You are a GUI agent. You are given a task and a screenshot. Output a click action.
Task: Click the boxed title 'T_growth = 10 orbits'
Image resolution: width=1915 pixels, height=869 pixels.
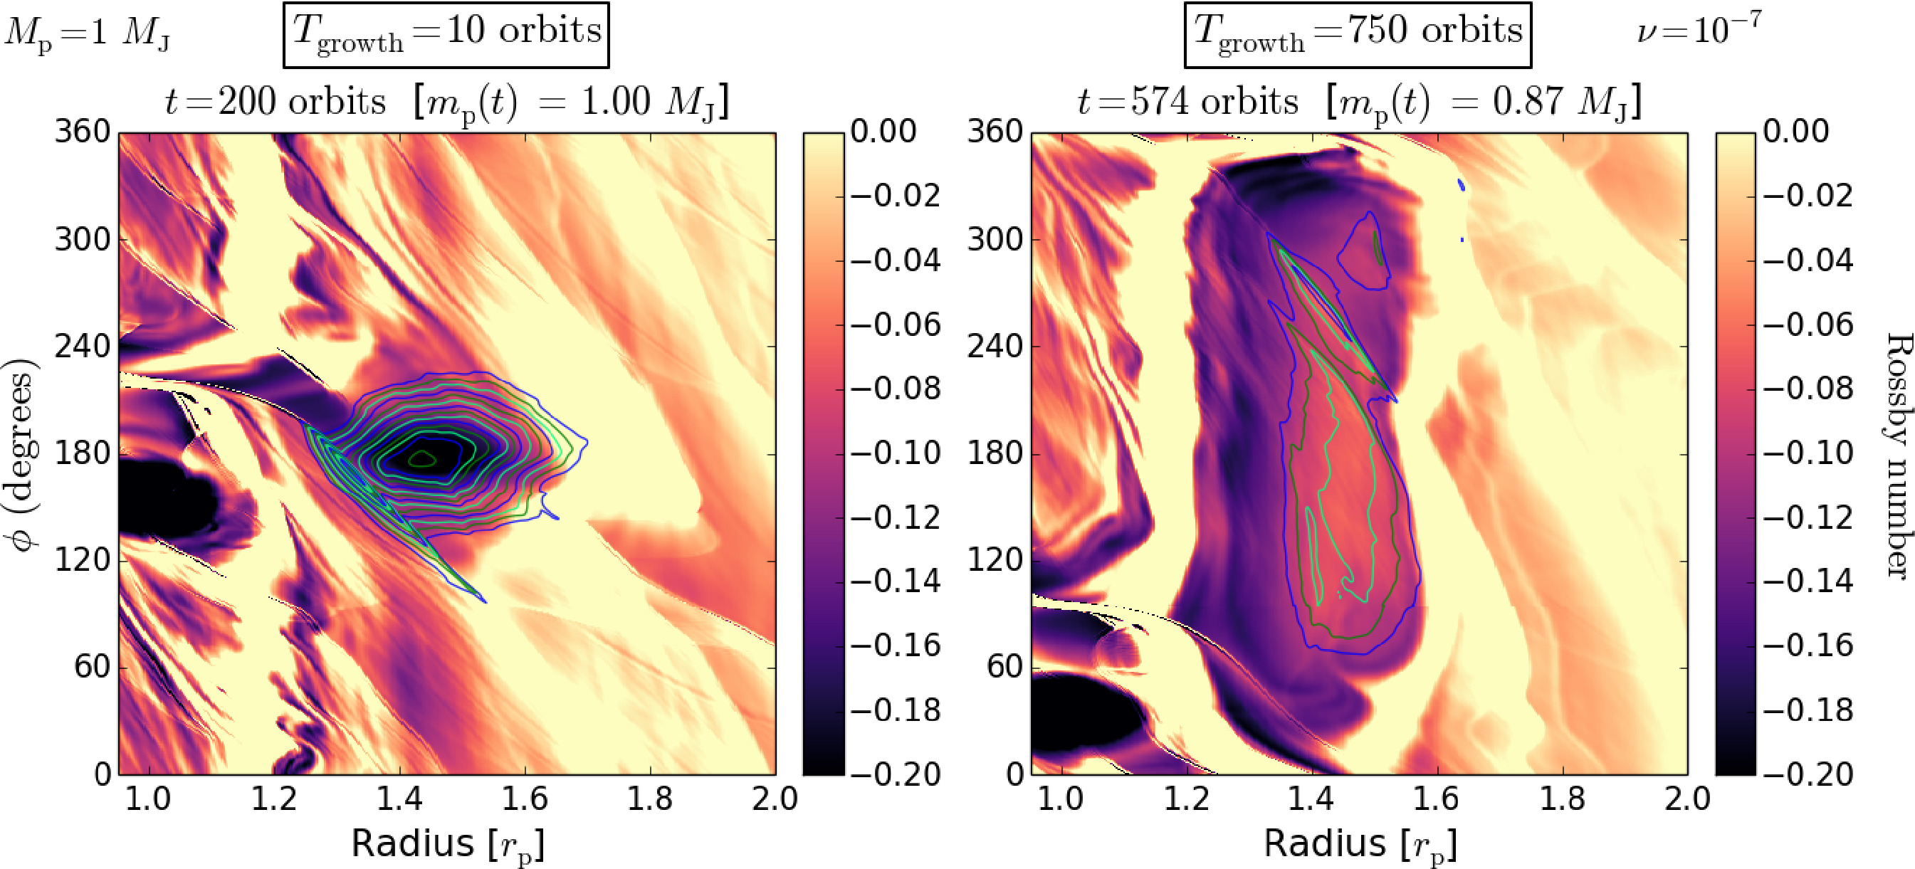[x=446, y=34]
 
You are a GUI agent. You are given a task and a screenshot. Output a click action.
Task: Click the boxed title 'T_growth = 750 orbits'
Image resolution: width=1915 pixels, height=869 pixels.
[x=1358, y=34]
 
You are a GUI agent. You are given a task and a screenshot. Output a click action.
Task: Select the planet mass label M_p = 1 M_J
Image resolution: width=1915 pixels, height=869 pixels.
[x=87, y=34]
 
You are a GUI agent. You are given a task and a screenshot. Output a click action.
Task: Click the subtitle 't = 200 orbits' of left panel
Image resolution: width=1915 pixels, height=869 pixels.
[x=275, y=102]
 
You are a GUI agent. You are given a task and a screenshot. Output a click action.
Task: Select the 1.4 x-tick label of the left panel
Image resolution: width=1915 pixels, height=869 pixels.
[x=399, y=800]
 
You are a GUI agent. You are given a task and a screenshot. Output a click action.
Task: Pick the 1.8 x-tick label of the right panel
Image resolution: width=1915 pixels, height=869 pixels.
[x=1561, y=800]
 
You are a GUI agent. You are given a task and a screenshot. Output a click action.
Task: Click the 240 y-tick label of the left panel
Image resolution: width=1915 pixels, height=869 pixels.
[x=82, y=347]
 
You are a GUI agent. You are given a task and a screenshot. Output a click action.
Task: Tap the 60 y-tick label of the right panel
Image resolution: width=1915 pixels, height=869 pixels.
[x=1006, y=667]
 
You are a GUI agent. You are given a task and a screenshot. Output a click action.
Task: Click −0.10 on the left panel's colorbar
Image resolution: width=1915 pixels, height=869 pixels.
[x=896, y=453]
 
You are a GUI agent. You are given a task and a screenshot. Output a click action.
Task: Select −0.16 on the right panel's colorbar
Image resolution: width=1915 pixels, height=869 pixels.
[x=1808, y=646]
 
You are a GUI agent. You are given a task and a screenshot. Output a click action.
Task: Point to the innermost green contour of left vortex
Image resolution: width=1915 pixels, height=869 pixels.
[x=422, y=458]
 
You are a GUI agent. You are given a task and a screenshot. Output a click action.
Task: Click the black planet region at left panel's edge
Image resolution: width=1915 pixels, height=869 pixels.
[x=160, y=498]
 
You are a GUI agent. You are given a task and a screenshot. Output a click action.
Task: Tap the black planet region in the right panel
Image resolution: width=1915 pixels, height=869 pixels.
[x=1078, y=714]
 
